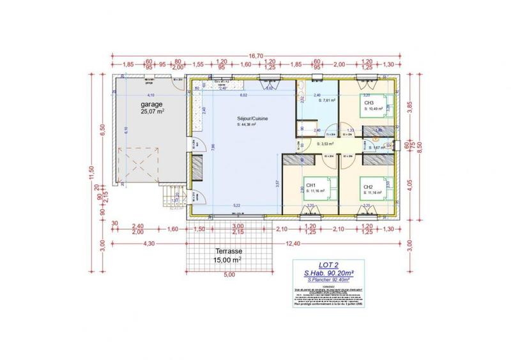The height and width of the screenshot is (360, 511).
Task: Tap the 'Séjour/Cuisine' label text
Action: [x=243, y=119]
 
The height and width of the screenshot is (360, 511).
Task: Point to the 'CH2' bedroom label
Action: [x=368, y=187]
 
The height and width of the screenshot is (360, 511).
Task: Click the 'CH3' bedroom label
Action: [x=369, y=103]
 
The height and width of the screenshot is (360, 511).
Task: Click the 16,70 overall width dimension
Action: [x=256, y=56]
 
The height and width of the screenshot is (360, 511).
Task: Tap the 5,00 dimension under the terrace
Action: [x=229, y=274]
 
